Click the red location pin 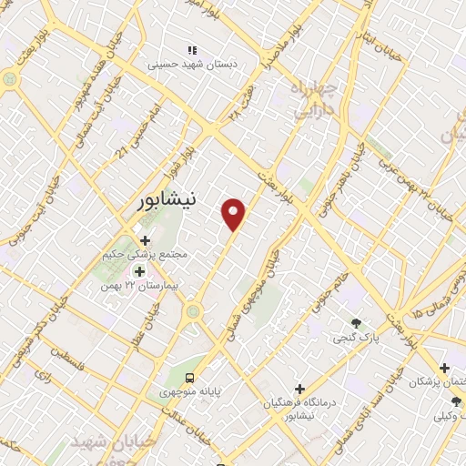(x=235, y=214)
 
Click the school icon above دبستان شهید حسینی (x=191, y=50)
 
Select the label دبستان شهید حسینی (x=192, y=65)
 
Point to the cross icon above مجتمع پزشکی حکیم (x=145, y=240)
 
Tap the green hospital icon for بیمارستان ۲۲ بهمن (x=140, y=270)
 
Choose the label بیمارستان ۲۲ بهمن (x=141, y=286)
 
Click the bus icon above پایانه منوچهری (x=189, y=378)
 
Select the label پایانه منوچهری (x=190, y=392)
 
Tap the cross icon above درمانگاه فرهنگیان (x=299, y=389)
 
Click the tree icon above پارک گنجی (x=356, y=323)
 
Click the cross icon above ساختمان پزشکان (x=444, y=368)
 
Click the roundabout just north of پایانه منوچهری (x=192, y=313)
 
